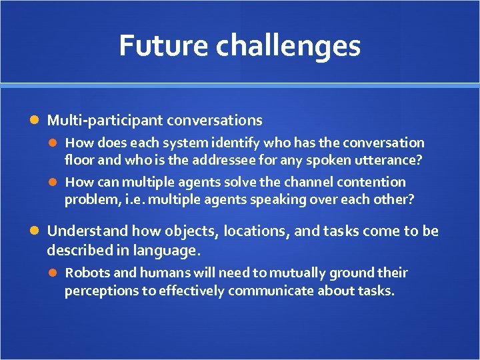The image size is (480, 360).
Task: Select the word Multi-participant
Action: (105, 121)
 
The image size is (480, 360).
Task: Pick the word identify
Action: (239, 143)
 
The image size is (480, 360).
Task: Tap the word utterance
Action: (391, 160)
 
